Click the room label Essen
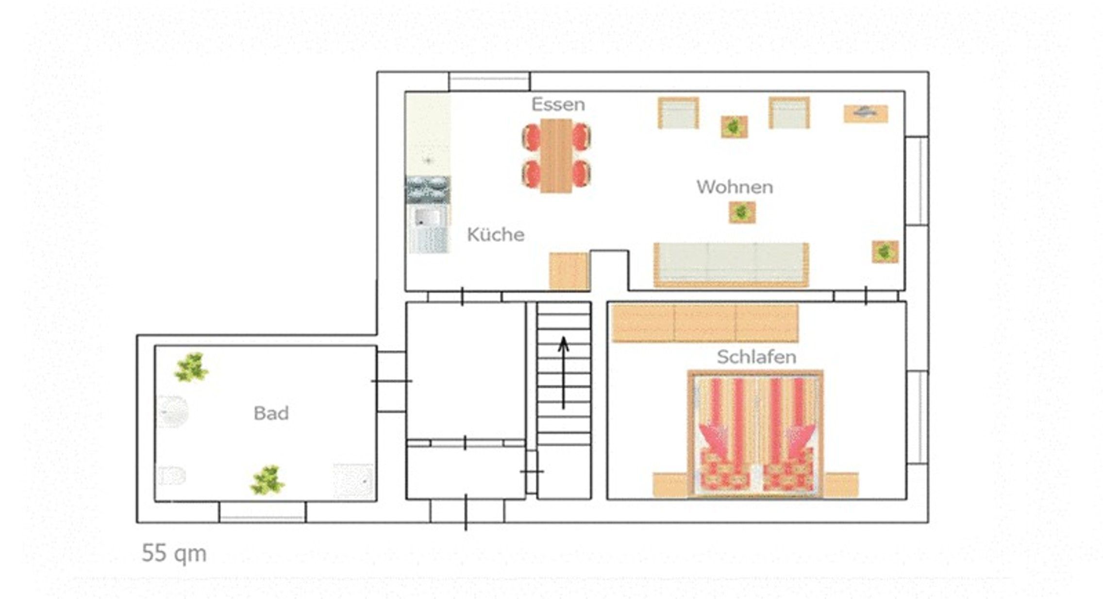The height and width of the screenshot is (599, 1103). click(x=558, y=104)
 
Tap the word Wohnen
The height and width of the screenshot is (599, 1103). click(x=735, y=187)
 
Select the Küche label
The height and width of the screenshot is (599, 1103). click(x=496, y=235)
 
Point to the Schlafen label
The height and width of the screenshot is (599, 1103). click(x=756, y=357)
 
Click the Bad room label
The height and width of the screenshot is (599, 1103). click(x=271, y=413)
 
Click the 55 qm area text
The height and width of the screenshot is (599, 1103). click(x=174, y=553)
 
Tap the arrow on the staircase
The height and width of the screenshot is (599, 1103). click(x=563, y=373)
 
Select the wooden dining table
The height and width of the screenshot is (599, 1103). click(x=556, y=155)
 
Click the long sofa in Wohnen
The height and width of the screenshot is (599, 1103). click(x=731, y=265)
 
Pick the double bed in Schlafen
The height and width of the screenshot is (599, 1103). click(x=755, y=434)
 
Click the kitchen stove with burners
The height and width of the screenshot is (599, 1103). click(x=428, y=190)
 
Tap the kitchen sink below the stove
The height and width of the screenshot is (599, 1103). click(x=428, y=229)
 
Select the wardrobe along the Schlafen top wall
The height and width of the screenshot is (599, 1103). click(x=705, y=323)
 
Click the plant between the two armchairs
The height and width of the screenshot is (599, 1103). click(x=734, y=127)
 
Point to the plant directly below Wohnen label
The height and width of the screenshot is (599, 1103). click(x=742, y=212)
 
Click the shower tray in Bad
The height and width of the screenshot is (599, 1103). click(x=354, y=481)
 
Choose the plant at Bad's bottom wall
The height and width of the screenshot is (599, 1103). click(x=267, y=480)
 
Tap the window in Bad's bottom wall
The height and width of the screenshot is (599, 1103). click(x=263, y=512)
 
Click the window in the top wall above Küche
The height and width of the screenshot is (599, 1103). click(x=489, y=81)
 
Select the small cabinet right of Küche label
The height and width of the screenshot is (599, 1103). click(x=569, y=272)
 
